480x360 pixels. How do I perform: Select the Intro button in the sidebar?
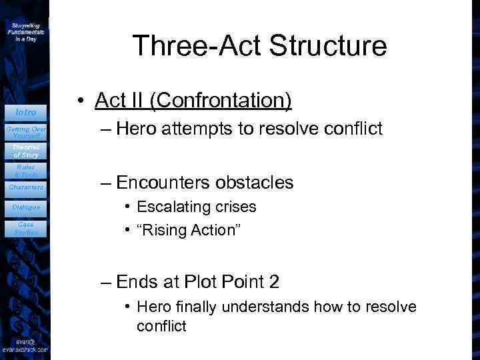coord(26,112)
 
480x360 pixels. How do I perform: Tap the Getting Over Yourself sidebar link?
coord(26,131)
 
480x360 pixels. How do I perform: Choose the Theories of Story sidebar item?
coord(26,151)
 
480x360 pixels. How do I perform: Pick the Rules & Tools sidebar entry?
coord(26,171)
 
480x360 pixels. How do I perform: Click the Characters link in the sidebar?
coord(26,187)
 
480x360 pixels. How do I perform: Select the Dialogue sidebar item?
coord(26,207)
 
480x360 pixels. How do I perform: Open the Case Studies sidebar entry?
coord(26,228)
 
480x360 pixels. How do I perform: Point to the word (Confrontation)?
coord(221,101)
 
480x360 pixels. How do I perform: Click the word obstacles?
coord(255,183)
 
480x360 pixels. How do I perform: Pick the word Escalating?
coord(169,207)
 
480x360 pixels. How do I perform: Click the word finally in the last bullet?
coord(197,307)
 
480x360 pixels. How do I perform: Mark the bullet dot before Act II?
coord(79,101)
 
